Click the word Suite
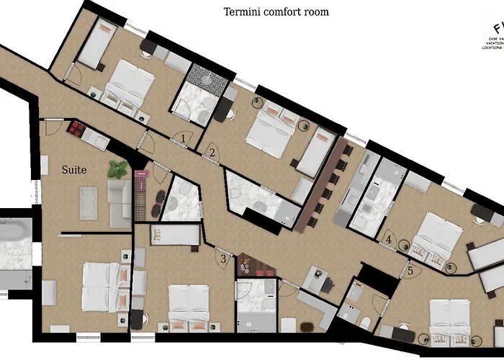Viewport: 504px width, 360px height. (x=73, y=170)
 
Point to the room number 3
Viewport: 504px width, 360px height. (x=223, y=258)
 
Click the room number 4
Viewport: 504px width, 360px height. (x=390, y=239)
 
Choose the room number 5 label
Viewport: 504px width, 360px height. (x=410, y=271)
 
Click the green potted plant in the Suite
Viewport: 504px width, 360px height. (x=117, y=169)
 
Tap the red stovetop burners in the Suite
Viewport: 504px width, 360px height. (x=76, y=128)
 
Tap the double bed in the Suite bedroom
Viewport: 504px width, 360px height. (x=101, y=287)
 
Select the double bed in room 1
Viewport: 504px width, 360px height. (x=129, y=86)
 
